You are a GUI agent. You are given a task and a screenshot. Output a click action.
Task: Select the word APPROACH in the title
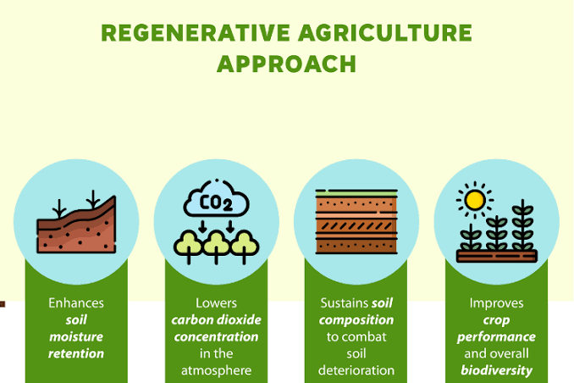(x=286, y=64)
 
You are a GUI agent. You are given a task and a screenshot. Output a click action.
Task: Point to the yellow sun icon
(x=476, y=199)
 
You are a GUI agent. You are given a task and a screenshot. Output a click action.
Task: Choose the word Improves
(x=496, y=303)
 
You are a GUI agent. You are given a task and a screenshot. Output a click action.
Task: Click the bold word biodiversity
(x=496, y=370)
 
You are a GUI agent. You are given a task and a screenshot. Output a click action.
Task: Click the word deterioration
(x=356, y=370)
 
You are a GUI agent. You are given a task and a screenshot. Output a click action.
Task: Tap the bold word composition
(x=356, y=319)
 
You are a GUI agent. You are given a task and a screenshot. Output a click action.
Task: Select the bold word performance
(x=496, y=336)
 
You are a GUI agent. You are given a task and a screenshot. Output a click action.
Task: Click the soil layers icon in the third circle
(x=356, y=221)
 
